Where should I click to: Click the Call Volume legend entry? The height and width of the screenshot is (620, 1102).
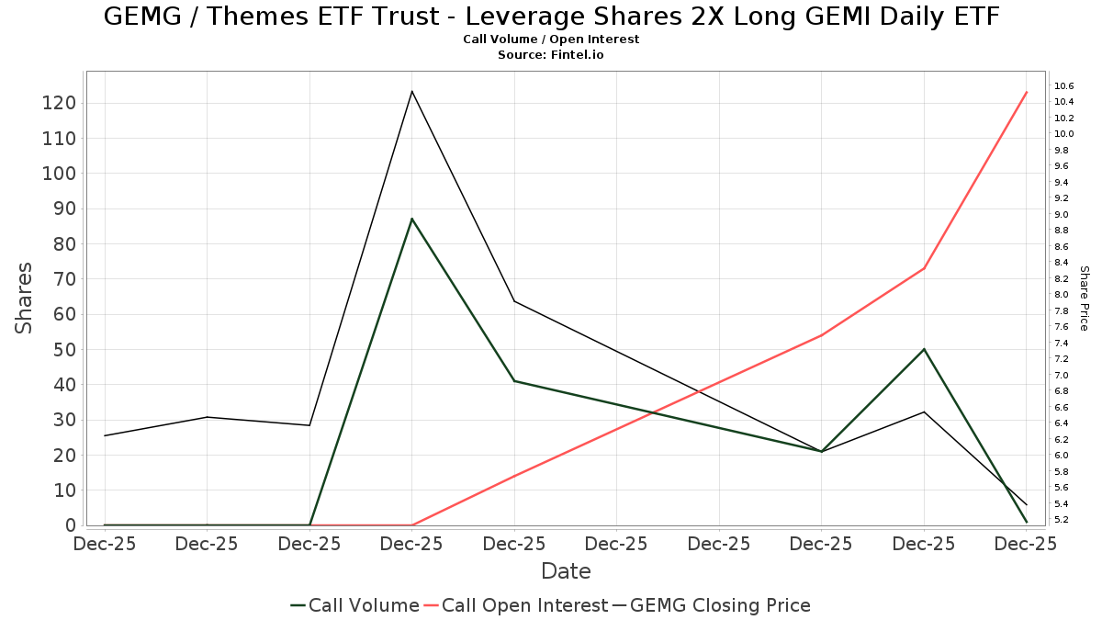coord(354,605)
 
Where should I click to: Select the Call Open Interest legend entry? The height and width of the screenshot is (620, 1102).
coord(524,605)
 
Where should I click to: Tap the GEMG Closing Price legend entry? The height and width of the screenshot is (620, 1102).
coord(712,605)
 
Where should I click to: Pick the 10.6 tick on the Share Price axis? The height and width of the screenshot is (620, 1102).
coord(1064,86)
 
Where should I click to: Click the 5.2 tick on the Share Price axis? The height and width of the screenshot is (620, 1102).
coord(1062,520)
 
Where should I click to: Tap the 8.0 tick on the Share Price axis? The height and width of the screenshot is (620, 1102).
coord(1062,295)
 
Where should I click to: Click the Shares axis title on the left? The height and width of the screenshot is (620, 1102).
coord(25,299)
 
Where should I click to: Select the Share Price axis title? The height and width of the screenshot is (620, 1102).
coord(1084,299)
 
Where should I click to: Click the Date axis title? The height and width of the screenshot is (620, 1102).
coord(566,571)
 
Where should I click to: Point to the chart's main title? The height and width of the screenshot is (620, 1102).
coord(551,17)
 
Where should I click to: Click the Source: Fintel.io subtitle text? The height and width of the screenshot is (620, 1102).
coord(551,55)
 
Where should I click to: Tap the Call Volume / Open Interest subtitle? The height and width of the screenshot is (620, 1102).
coord(551,39)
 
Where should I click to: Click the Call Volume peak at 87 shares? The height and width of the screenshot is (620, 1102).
coord(412,219)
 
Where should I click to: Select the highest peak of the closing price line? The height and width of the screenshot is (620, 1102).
coord(412,91)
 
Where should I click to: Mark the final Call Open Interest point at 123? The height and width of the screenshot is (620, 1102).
coord(1027,93)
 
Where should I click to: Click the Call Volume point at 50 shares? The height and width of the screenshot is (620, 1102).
coord(924,349)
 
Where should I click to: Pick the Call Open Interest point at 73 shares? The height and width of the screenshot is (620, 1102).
coord(924,268)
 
